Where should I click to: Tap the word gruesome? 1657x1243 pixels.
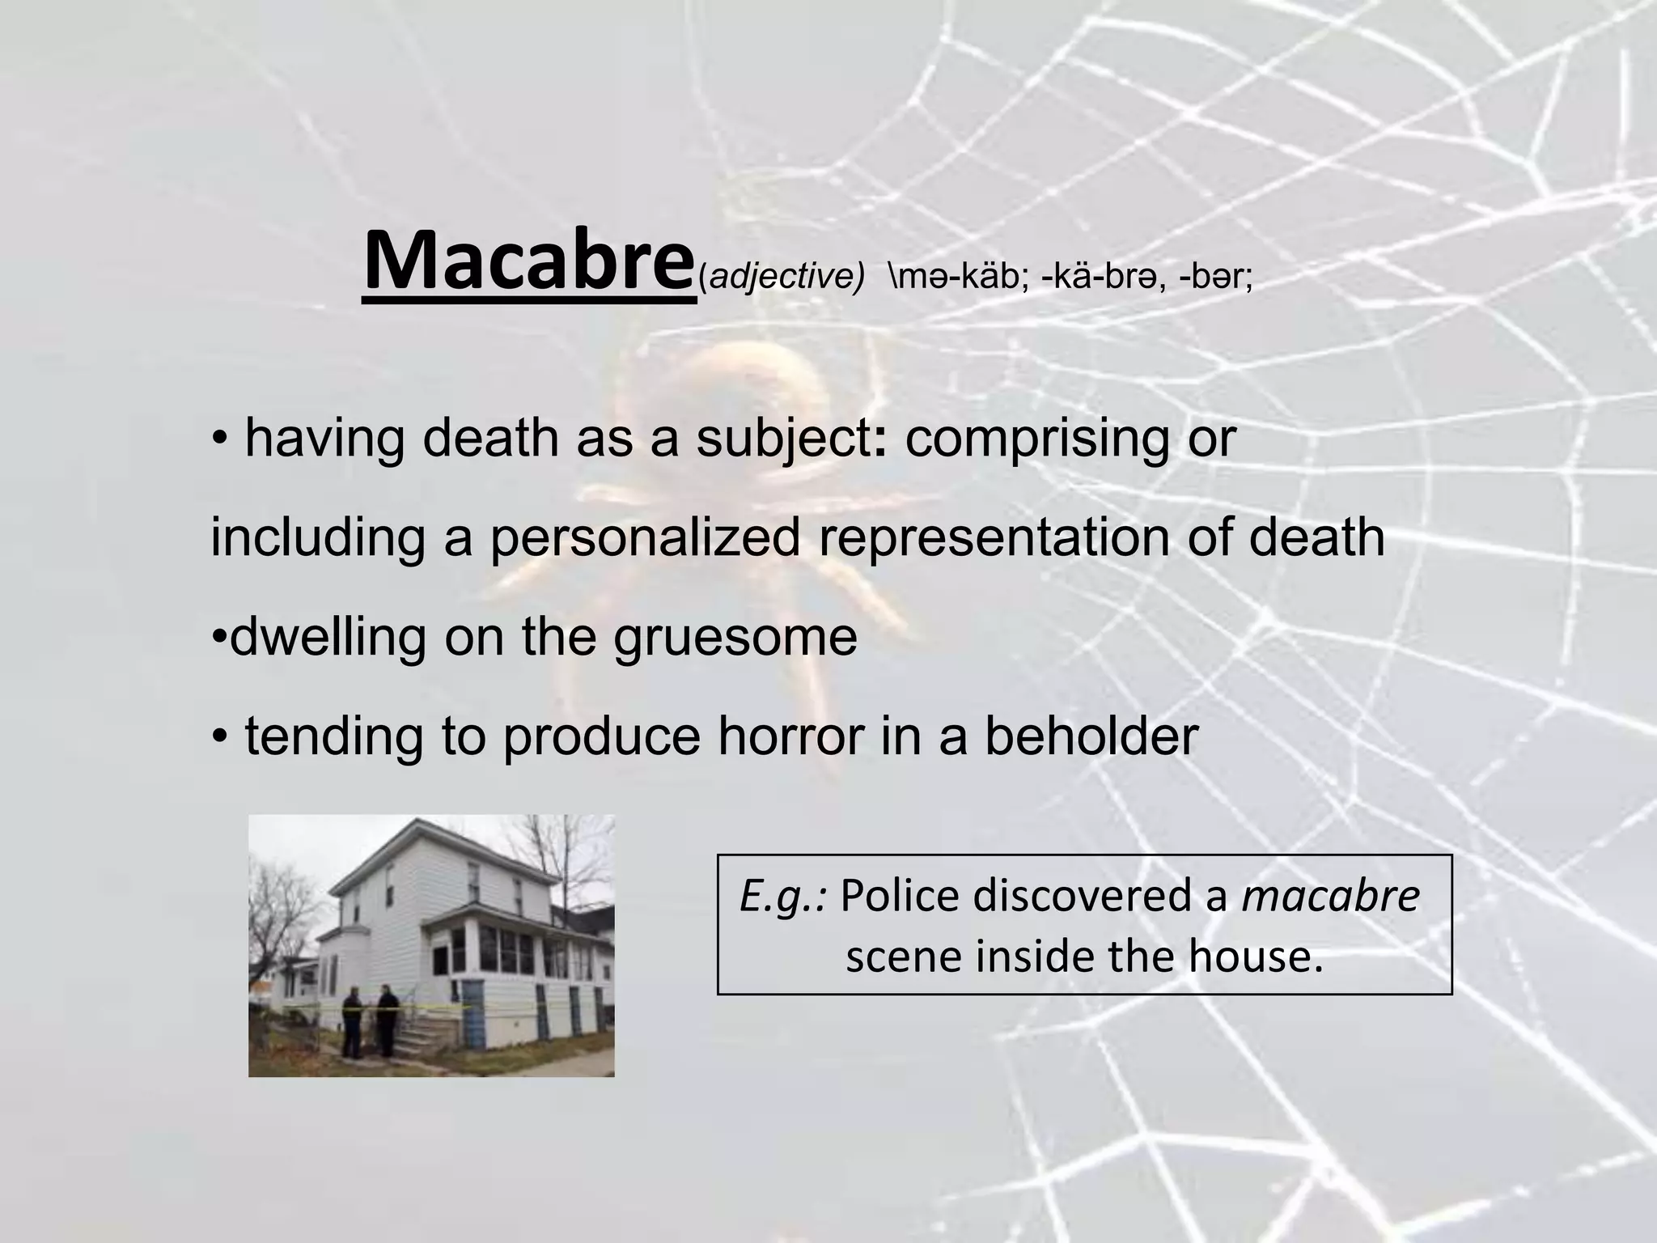[x=735, y=637]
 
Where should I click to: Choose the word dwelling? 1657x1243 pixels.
[x=328, y=637]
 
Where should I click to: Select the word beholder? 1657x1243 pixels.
[x=1091, y=736]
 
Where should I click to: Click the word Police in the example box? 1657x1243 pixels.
[x=901, y=896]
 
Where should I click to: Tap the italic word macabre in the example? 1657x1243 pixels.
[x=1330, y=896]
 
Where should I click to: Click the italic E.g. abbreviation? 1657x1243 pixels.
[x=783, y=897]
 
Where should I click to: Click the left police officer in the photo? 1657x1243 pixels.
[x=352, y=1024]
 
